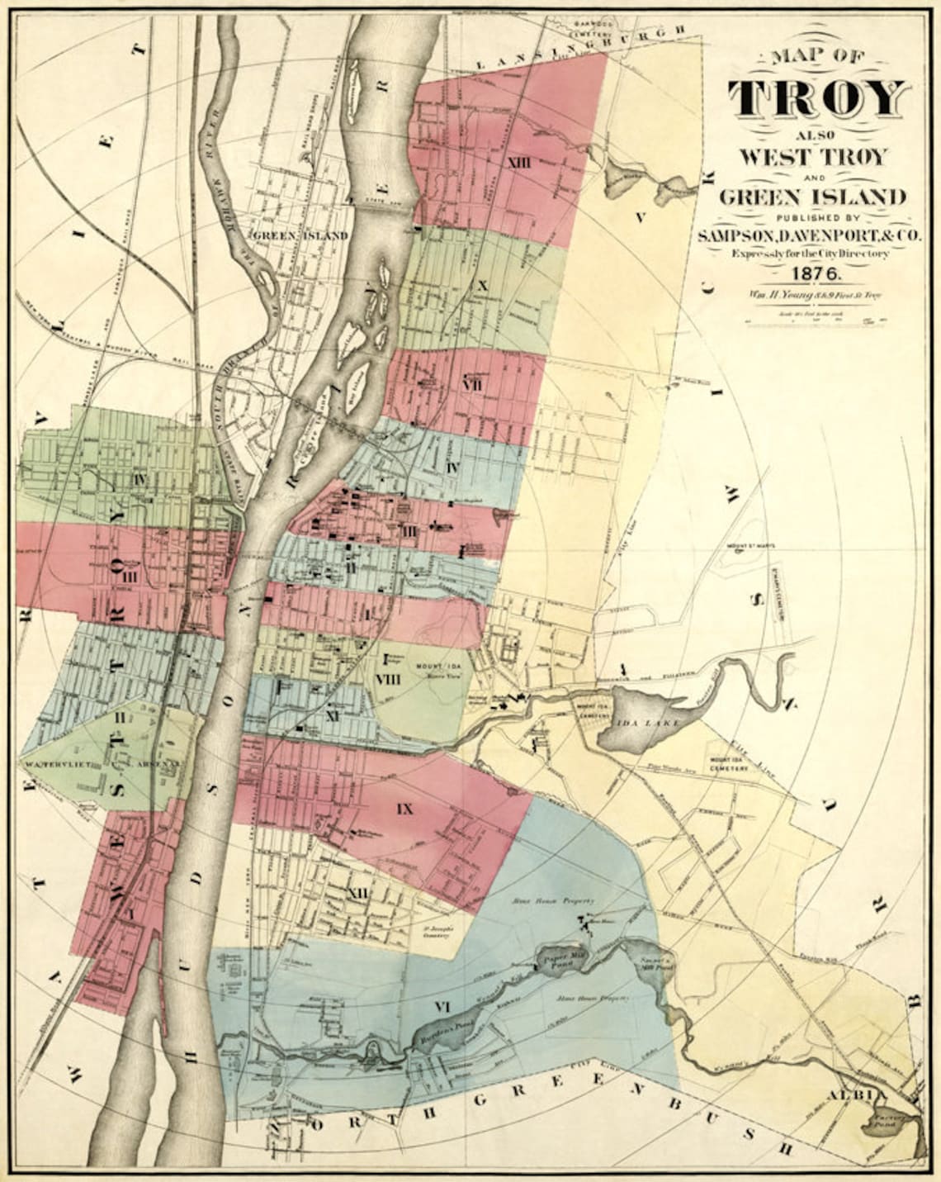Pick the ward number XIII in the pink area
coord(519,161)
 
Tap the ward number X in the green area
coord(483,285)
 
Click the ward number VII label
coord(472,385)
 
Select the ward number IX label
coord(404,808)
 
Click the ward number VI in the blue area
coord(442,1005)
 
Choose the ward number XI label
coord(333,715)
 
